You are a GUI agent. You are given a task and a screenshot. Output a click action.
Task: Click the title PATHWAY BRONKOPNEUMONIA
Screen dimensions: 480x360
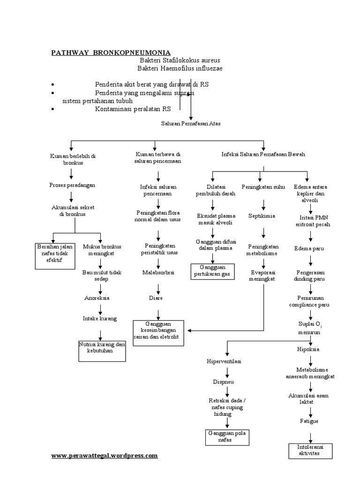pyautogui.click(x=111, y=52)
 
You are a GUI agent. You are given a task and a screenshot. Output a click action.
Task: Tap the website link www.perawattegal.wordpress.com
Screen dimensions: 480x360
pyautogui.click(x=104, y=455)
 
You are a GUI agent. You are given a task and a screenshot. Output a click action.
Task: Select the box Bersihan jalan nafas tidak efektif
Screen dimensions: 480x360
pyautogui.click(x=55, y=255)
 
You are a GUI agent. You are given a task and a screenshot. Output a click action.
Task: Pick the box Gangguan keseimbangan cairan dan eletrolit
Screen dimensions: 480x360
pyautogui.click(x=159, y=332)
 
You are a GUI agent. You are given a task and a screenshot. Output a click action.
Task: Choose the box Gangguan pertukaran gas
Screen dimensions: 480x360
pyautogui.click(x=213, y=270)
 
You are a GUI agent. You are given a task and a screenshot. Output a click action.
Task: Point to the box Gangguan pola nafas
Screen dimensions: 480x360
pyautogui.click(x=227, y=437)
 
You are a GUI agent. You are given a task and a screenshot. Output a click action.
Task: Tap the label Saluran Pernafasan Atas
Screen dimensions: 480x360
pyautogui.click(x=191, y=124)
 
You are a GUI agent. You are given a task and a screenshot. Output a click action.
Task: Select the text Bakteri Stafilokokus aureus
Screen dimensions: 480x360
pyautogui.click(x=180, y=60)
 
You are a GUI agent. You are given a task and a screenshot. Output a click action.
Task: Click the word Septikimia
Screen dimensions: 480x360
pyautogui.click(x=262, y=216)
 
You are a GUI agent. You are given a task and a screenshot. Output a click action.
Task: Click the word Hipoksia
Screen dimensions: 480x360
pyautogui.click(x=308, y=349)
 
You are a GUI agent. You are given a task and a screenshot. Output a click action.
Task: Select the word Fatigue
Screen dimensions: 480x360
pyautogui.click(x=309, y=421)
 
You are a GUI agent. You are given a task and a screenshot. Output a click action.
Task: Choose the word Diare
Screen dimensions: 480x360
pyautogui.click(x=156, y=297)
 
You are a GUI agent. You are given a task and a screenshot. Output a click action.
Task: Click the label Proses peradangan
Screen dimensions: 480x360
pyautogui.click(x=72, y=185)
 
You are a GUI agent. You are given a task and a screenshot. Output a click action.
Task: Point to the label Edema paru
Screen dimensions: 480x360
pyautogui.click(x=308, y=248)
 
